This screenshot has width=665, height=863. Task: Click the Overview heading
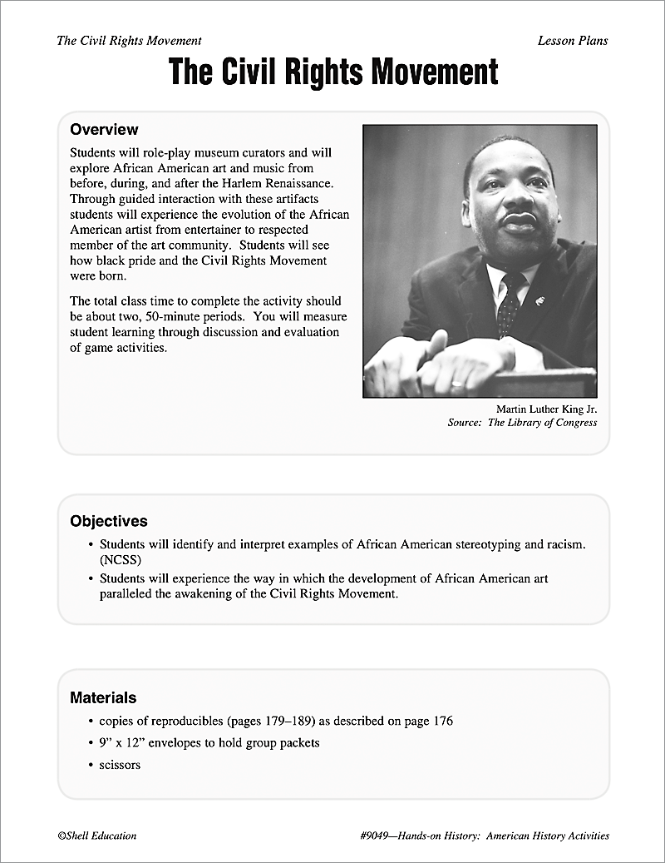click(x=104, y=130)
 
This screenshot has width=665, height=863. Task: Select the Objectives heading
click(x=109, y=522)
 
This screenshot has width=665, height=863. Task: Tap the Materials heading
click(x=103, y=697)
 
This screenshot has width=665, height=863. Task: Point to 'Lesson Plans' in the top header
click(x=572, y=40)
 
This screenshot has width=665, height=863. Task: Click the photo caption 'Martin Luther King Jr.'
click(x=546, y=409)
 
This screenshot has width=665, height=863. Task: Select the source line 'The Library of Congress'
click(x=542, y=423)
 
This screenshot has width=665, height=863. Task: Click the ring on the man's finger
click(x=456, y=384)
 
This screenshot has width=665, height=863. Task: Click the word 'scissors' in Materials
click(x=120, y=764)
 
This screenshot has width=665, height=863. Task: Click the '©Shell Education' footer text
click(x=97, y=836)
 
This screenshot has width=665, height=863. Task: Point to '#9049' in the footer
click(x=371, y=836)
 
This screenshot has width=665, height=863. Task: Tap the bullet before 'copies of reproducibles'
click(x=91, y=722)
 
